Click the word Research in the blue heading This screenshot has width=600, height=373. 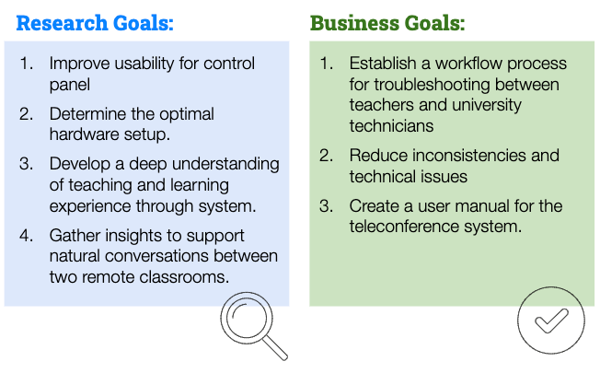click(x=62, y=23)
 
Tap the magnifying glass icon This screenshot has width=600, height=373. click(x=254, y=326)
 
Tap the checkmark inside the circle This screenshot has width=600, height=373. click(x=551, y=321)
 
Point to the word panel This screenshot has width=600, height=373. click(x=70, y=85)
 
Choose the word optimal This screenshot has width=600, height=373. click(x=187, y=114)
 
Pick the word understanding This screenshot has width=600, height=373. click(x=225, y=164)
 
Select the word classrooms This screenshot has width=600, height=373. click(x=184, y=277)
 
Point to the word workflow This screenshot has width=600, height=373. click(x=468, y=64)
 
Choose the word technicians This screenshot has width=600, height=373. click(x=391, y=126)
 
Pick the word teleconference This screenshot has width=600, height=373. click(x=404, y=227)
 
